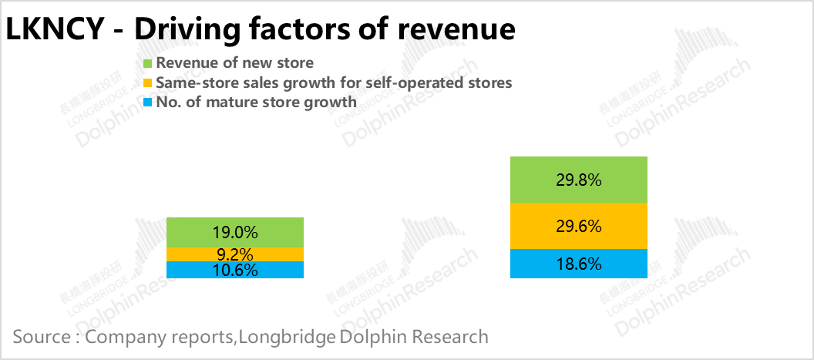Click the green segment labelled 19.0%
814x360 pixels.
tap(236, 232)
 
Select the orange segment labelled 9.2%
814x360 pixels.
tap(236, 254)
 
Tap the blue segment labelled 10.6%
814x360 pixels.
tap(236, 270)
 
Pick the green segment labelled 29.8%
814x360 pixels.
tap(578, 180)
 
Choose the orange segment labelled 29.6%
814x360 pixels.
tap(578, 227)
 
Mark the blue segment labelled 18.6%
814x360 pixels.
tap(578, 264)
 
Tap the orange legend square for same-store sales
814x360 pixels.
tap(148, 82)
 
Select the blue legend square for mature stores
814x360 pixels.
tap(148, 102)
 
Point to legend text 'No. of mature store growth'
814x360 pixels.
tap(256, 102)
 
